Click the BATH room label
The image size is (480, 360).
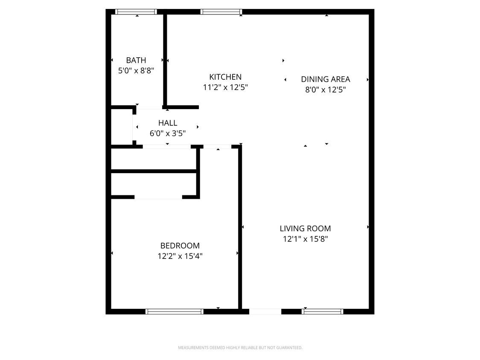[x=136, y=60]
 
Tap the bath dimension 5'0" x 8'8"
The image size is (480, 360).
[x=136, y=71]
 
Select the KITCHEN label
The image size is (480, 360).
[x=225, y=77]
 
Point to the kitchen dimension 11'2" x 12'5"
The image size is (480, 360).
[x=225, y=87]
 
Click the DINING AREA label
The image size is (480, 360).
[x=326, y=79]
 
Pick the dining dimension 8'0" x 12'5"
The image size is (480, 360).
[x=326, y=90]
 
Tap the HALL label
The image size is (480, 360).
[x=167, y=123]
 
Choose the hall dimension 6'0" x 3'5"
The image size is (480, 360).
[x=167, y=134]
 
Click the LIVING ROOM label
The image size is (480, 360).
[x=305, y=228]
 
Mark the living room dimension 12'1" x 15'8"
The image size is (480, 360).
[x=305, y=239]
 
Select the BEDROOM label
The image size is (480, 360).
[x=180, y=246]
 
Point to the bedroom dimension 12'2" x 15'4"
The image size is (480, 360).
[x=180, y=256]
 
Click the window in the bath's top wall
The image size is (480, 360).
[x=136, y=12]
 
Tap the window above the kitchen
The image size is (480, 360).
[x=221, y=12]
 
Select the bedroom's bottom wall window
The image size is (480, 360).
[x=175, y=312]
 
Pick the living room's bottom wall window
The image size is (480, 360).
[x=323, y=312]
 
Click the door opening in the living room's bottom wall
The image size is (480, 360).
[x=265, y=312]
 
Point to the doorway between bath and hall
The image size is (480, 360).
[x=149, y=107]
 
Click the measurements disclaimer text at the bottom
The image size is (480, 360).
[x=240, y=348]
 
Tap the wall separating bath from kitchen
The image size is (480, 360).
[x=165, y=60]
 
